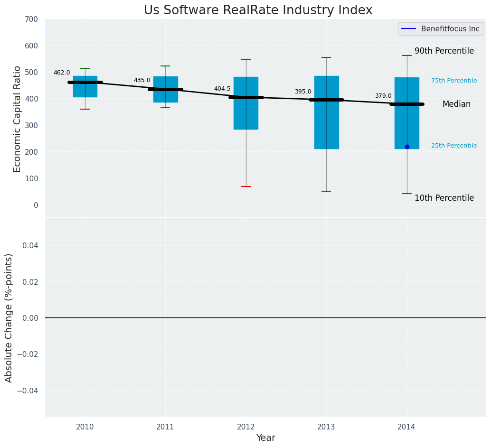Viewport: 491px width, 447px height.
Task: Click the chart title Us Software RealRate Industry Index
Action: tap(258, 10)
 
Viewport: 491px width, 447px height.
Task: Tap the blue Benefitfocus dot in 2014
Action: tap(407, 147)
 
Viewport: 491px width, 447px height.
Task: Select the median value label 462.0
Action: tap(62, 73)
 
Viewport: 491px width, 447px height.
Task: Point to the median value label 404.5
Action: tap(222, 89)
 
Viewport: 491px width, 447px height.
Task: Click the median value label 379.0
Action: tap(383, 96)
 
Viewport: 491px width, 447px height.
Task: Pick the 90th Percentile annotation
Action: tap(444, 51)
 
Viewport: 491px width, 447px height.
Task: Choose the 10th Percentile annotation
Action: tap(444, 198)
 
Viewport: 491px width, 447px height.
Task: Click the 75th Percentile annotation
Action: tap(454, 81)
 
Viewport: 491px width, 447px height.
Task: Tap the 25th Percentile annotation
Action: tap(454, 146)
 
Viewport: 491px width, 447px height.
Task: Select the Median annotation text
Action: tap(456, 104)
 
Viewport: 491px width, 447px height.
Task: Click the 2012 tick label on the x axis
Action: tap(246, 427)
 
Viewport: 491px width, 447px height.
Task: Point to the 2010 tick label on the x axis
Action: tap(85, 427)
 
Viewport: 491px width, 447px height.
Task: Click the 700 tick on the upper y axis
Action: tap(32, 19)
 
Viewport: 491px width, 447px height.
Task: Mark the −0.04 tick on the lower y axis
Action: tap(29, 391)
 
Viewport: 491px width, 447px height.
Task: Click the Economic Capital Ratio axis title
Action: tap(18, 119)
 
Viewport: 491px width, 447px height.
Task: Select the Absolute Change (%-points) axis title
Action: tap(9, 317)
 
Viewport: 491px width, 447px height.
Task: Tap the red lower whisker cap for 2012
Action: tap(246, 186)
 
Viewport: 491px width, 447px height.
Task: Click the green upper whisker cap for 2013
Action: tap(326, 57)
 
